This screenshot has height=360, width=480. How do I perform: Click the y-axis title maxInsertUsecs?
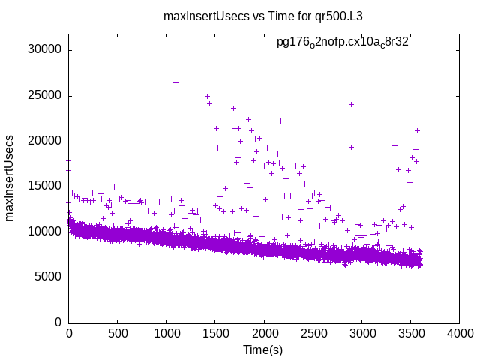tap(11, 178)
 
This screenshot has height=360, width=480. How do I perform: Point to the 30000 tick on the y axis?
tap(46, 50)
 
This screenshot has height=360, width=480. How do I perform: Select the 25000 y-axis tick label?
tap(46, 96)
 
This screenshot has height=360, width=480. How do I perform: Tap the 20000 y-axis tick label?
tap(46, 141)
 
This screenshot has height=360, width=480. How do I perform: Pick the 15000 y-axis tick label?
tap(46, 187)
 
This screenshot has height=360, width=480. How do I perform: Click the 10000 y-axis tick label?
tap(46, 232)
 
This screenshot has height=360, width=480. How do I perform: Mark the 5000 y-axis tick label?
tap(49, 277)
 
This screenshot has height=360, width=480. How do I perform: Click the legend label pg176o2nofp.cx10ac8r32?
tap(342, 43)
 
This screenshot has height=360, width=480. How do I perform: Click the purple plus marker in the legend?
tap(430, 43)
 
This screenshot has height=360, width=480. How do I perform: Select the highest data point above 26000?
tap(175, 82)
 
